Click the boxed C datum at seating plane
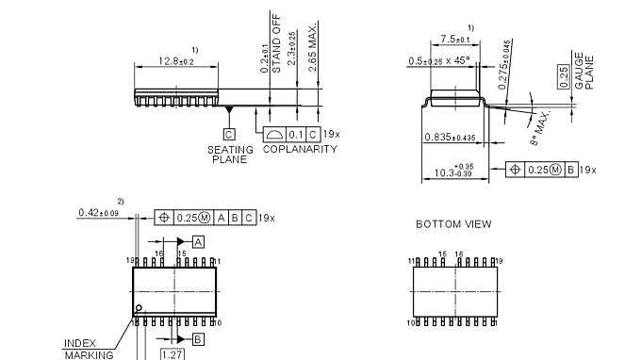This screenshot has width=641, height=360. coord(229,135)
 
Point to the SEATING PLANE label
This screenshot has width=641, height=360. coord(229,155)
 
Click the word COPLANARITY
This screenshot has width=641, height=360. coord(300,149)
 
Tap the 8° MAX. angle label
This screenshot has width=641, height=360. coord(539,127)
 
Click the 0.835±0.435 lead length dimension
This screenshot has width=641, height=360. coord(449,138)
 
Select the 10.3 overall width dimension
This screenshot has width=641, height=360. coord(454,172)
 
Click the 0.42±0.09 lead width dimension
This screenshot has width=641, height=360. coord(98,213)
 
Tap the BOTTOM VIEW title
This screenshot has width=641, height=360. coord(453,224)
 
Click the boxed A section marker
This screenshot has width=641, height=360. coord(198,241)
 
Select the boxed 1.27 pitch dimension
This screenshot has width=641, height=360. coord(172,354)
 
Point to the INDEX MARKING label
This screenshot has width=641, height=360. coord(88,349)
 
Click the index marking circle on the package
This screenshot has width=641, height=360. coord(139,308)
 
